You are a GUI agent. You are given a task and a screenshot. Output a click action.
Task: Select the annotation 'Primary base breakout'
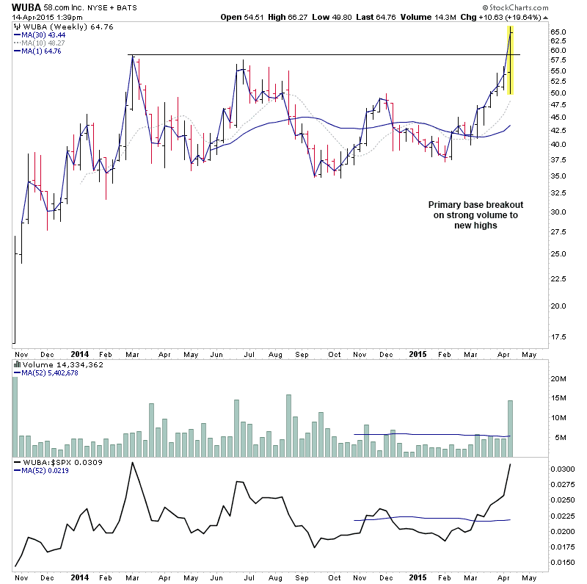click(x=475, y=205)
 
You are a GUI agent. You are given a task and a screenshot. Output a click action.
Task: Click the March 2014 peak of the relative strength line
click(x=132, y=463)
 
